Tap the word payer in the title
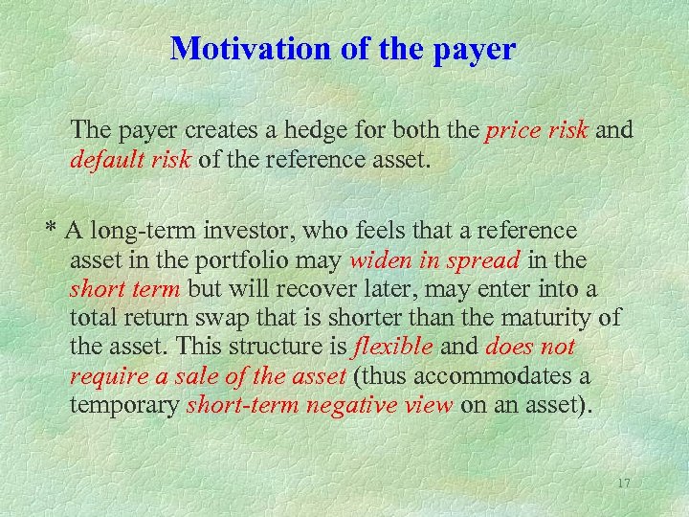(471, 51)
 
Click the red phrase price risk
(537, 130)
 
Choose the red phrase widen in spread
(434, 259)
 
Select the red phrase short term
(125, 288)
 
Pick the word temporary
(124, 404)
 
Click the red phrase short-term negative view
(320, 404)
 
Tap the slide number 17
(623, 483)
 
